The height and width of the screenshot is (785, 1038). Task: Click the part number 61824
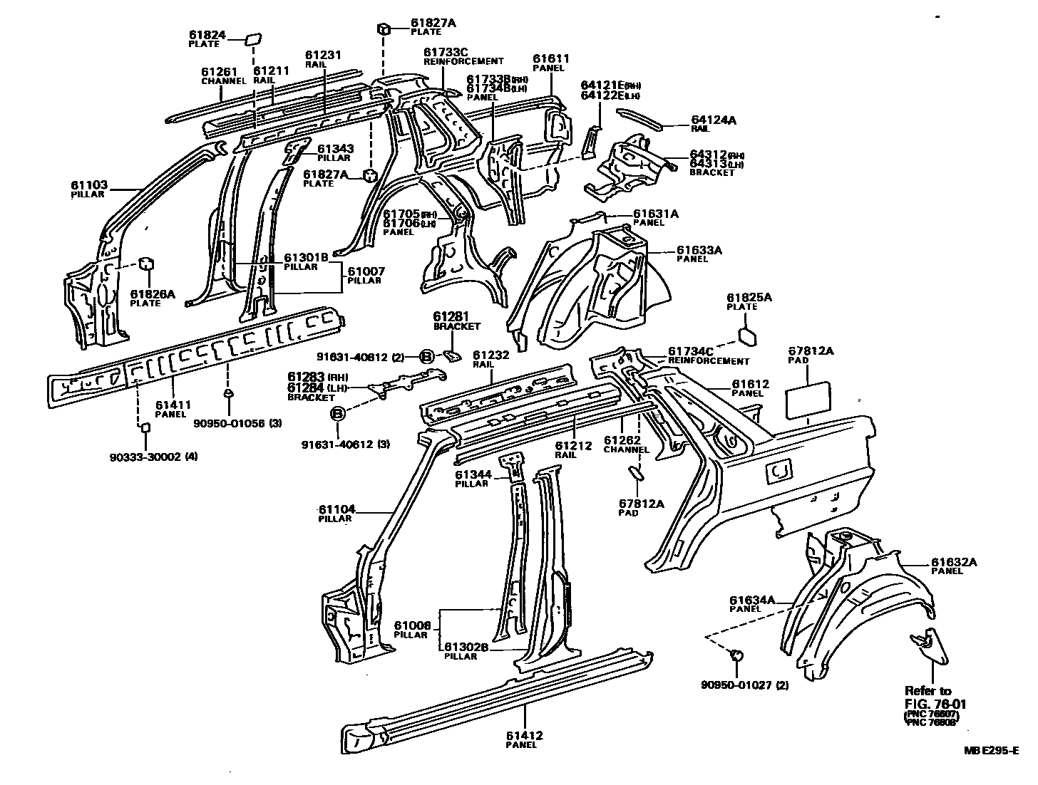[x=207, y=34]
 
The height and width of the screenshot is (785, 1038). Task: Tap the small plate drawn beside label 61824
[x=253, y=38]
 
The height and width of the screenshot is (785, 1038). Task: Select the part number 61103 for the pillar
[x=88, y=184]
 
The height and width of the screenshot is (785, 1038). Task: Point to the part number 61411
[x=173, y=405]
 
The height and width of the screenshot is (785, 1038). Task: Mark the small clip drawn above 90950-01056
[x=228, y=392]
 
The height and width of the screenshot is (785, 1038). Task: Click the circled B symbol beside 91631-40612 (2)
[x=426, y=356]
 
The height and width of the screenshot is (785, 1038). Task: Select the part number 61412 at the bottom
[x=525, y=735]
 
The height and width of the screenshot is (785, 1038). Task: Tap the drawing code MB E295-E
[x=992, y=749]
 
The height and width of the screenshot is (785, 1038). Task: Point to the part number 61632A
[x=954, y=562]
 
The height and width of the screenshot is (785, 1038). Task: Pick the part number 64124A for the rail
[x=714, y=120]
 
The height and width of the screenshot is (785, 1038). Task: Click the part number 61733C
[x=446, y=52]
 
